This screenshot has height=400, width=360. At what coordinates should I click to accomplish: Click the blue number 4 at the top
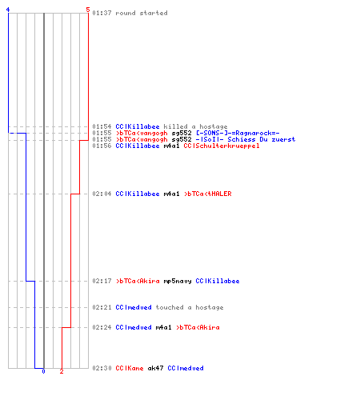pyautogui.click(x=8, y=10)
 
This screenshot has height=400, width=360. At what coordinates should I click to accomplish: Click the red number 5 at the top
pyautogui.click(x=88, y=10)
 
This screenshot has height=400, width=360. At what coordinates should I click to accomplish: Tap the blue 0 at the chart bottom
pyautogui.click(x=43, y=371)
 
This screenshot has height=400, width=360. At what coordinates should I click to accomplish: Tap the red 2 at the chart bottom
pyautogui.click(x=62, y=371)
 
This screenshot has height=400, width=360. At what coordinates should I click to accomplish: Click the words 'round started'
pyautogui.click(x=142, y=13)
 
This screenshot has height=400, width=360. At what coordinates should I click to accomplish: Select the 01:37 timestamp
pyautogui.click(x=102, y=13)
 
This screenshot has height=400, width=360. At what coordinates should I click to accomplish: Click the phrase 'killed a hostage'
pyautogui.click(x=195, y=126)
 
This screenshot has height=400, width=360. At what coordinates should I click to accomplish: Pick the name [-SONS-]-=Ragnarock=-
pyautogui.click(x=238, y=133)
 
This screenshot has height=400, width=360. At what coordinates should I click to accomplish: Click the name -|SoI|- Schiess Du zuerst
pyautogui.click(x=246, y=139)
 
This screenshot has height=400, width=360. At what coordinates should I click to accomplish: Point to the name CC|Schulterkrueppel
pyautogui.click(x=222, y=146)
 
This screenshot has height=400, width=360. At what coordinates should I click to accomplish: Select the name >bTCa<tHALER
pyautogui.click(x=208, y=194)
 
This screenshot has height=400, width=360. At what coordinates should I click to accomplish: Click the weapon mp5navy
pyautogui.click(x=178, y=281)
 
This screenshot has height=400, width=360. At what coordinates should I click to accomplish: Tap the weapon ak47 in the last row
pyautogui.click(x=155, y=368)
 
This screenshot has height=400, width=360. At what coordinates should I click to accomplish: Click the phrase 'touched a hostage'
pyautogui.click(x=190, y=307)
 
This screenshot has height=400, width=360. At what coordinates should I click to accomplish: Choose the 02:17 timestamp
pyautogui.click(x=102, y=281)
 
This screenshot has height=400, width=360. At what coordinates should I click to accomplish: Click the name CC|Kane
pyautogui.click(x=130, y=368)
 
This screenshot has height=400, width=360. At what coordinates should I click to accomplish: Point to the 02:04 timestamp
pyautogui.click(x=102, y=194)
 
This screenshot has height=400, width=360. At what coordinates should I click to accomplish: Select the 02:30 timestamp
pyautogui.click(x=102, y=368)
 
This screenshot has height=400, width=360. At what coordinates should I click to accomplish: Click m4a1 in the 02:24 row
pyautogui.click(x=163, y=327)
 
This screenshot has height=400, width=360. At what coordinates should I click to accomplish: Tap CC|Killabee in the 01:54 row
pyautogui.click(x=138, y=126)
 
